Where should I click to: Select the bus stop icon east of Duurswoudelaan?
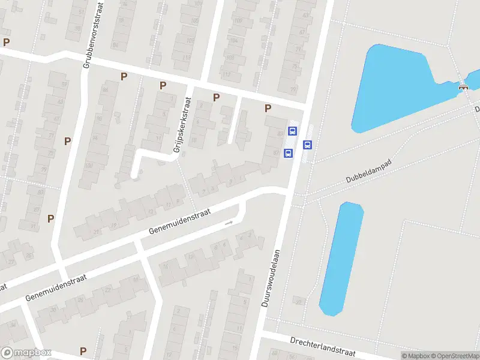[x=308, y=144]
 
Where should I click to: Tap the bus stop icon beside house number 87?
[x=288, y=153]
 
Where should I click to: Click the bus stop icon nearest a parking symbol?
[x=293, y=131]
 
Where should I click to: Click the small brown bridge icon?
[x=463, y=86]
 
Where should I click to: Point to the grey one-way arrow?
[x=229, y=223]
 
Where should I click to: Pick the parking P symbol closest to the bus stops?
[x=268, y=108]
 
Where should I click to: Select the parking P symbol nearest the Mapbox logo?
[x=83, y=351]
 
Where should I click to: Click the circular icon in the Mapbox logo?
[x=7, y=353]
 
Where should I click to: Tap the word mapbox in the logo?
[x=33, y=353]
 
